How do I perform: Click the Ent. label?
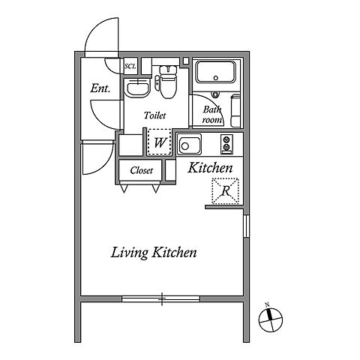click(100, 88)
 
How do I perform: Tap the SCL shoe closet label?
click(130, 66)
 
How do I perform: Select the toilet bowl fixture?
click(168, 82)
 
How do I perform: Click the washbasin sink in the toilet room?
click(137, 88)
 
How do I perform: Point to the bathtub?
click(216, 72)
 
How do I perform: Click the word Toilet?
click(155, 115)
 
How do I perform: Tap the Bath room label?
click(212, 115)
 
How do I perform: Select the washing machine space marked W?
click(160, 142)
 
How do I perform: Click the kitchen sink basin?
click(189, 145)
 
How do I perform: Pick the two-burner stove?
click(226, 144)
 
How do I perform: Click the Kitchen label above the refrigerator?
click(210, 168)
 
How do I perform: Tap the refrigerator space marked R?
click(225, 191)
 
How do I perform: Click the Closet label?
click(141, 170)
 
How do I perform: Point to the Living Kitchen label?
click(154, 253)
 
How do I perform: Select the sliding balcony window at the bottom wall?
click(161, 298)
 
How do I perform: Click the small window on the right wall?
click(246, 226)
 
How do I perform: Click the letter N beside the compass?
click(267, 304)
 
